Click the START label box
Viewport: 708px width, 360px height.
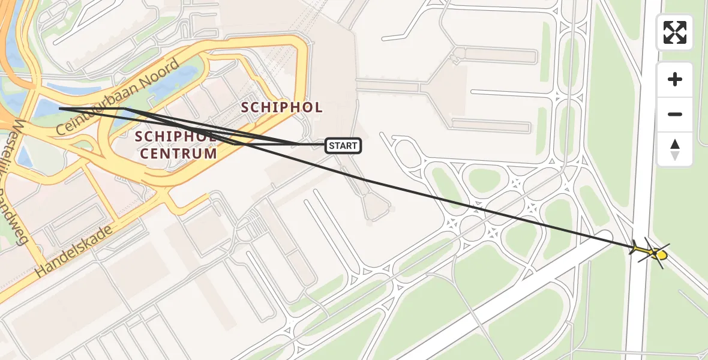(343, 145)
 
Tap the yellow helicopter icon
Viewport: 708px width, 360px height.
(650, 251)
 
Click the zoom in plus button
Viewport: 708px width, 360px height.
(675, 79)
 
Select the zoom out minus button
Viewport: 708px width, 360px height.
(675, 114)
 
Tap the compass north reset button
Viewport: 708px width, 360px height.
(675, 149)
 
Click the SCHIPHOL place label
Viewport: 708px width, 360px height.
(281, 108)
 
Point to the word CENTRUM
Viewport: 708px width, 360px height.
(178, 154)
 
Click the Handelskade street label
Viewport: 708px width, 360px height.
(74, 251)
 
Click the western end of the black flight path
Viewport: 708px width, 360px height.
(60, 109)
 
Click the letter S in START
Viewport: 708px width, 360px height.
(332, 146)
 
